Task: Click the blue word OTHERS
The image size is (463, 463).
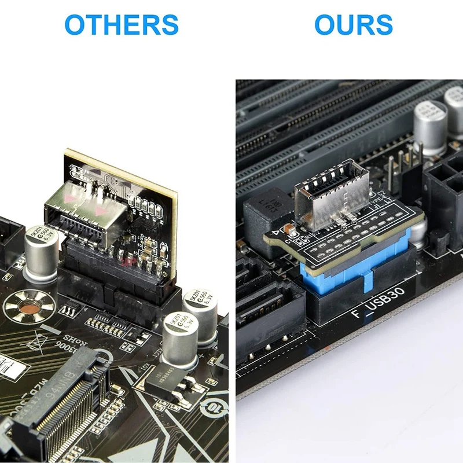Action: [121, 25]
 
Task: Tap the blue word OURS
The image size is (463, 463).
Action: [353, 25]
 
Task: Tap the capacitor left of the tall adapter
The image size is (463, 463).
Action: [40, 252]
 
